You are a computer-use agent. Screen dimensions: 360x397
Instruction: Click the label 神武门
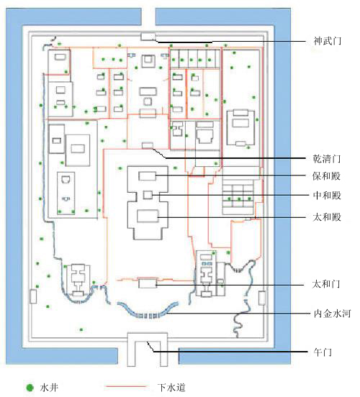coord(328,41)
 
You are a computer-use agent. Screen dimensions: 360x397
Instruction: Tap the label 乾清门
coord(327,159)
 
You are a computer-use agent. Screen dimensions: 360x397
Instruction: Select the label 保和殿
coord(327,176)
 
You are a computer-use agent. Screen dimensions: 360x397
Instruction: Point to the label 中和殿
coord(327,196)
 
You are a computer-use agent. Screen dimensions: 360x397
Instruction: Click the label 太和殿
coord(327,217)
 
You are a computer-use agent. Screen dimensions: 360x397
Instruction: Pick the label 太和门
coord(326,284)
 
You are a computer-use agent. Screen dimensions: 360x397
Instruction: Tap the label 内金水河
coord(332,314)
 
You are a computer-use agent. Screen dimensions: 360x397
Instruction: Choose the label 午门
coord(323,352)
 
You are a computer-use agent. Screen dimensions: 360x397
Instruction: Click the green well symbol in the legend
coord(30,388)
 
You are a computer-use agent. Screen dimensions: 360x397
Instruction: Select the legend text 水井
coord(49,388)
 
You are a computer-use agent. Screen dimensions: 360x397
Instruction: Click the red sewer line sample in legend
coord(126,387)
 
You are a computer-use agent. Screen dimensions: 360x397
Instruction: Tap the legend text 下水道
coord(171,388)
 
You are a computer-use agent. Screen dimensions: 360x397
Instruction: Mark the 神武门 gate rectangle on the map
coord(148,37)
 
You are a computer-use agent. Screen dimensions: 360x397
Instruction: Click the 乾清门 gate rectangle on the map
coord(148,145)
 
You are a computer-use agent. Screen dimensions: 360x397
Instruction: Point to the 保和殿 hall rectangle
coord(148,176)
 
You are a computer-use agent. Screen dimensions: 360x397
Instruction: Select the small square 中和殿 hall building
coord(148,195)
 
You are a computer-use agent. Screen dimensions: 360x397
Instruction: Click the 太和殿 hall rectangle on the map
coord(148,216)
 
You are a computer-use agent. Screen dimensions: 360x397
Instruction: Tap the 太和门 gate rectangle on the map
coord(148,283)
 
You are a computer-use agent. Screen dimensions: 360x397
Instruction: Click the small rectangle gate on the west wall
coord(33,296)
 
